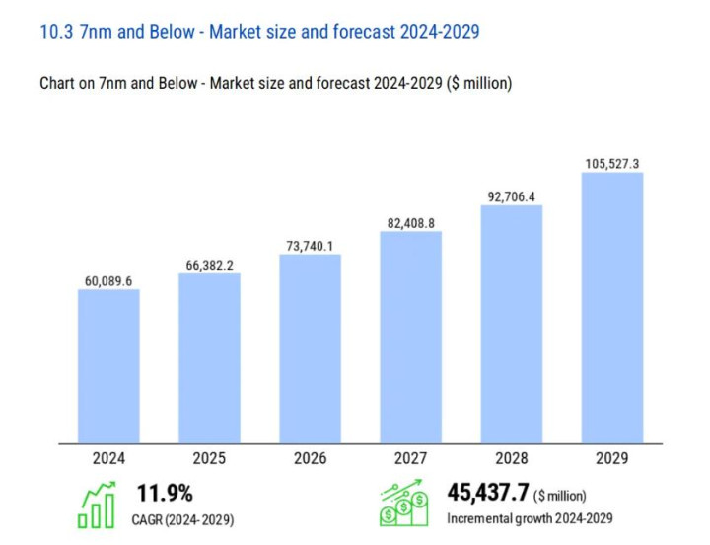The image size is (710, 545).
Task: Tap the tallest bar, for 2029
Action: [x=611, y=307]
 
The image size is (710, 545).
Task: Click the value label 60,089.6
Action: [x=108, y=281]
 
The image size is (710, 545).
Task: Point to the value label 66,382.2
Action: [x=209, y=265]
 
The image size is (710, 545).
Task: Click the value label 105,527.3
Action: [x=611, y=163]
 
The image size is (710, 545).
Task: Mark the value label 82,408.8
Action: [x=410, y=223]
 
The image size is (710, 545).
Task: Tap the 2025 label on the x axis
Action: [x=209, y=458]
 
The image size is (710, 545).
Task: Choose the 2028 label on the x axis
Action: [x=511, y=458]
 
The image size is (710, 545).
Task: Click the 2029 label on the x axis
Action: [x=611, y=458]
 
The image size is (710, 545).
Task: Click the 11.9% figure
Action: [x=164, y=493]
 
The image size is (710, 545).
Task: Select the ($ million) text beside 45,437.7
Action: [x=563, y=495]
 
